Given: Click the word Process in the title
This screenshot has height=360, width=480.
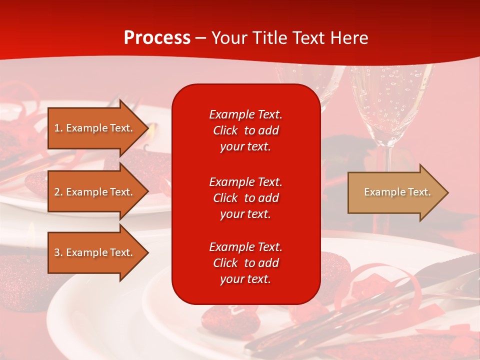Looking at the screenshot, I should click(x=157, y=38).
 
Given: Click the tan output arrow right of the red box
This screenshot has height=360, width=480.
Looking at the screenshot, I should click(x=395, y=192).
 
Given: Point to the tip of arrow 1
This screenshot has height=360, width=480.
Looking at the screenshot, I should click(x=147, y=128).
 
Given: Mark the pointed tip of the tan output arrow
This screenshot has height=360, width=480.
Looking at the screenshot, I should click(x=447, y=192).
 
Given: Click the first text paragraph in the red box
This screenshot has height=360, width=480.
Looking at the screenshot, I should click(x=245, y=130).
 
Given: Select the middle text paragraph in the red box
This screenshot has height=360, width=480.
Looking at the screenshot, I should click(x=245, y=198).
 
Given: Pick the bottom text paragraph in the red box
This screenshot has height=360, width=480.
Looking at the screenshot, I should click(x=245, y=263).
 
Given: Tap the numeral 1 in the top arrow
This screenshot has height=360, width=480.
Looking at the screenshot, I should click(x=56, y=128).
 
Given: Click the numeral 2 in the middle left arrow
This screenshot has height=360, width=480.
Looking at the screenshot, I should click(x=56, y=192).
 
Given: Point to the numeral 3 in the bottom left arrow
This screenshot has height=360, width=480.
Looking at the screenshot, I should click(x=56, y=252).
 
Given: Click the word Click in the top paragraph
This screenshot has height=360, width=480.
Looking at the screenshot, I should click(x=225, y=130).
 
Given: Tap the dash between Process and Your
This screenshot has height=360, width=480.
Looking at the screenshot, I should click(x=201, y=38).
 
